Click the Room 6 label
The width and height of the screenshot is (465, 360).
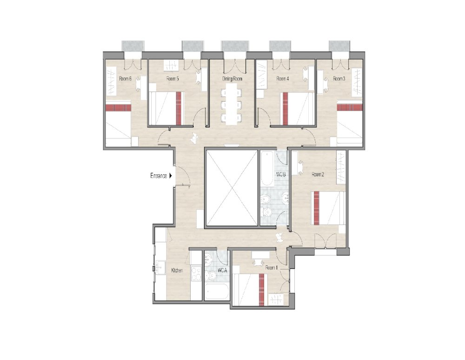pos(125,79)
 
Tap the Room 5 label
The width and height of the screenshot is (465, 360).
pos(173,79)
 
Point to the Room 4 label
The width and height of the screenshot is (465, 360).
pos(283,79)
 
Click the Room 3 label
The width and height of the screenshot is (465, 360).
pos(339,79)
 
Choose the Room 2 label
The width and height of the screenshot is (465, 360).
pos(318,175)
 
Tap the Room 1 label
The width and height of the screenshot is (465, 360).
pos(271,268)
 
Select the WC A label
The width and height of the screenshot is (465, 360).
pos(222,270)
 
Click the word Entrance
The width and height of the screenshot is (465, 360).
pos(158,176)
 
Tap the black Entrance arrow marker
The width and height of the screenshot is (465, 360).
pos(171,176)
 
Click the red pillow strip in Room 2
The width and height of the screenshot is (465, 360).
pos(317,207)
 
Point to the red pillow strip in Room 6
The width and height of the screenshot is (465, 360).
pos(118,108)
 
